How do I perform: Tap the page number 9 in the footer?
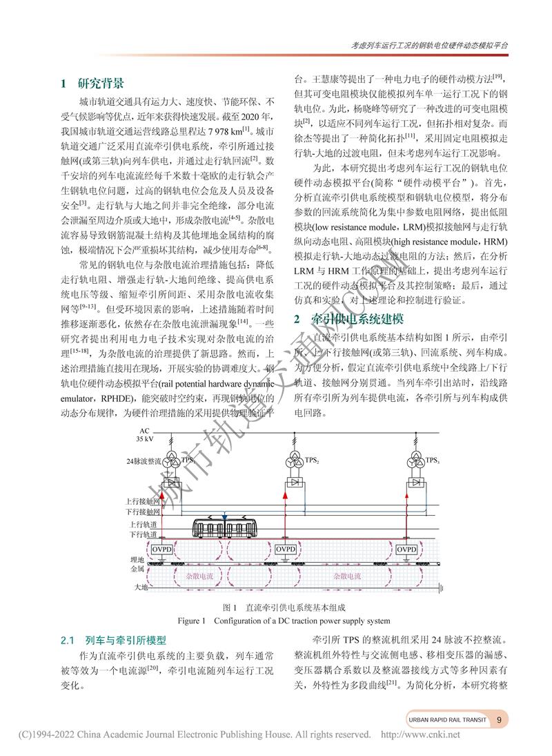coord(499,719)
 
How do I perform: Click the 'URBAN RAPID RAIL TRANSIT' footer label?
coord(446,719)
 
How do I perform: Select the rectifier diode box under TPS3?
coord(415,482)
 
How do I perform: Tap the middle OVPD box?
coord(285,548)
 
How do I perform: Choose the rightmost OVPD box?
coord(408,548)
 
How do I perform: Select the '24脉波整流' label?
coord(143,461)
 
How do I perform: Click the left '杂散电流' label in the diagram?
coord(199,574)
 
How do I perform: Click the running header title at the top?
coord(429,43)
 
